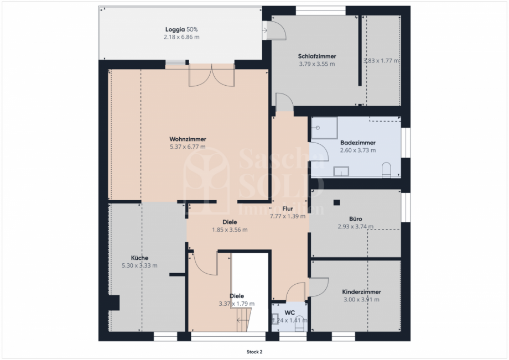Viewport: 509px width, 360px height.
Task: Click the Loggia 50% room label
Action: [181, 29]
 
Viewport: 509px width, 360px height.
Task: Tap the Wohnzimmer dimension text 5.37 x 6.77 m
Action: [188, 147]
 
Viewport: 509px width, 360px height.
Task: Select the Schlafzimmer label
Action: [317, 56]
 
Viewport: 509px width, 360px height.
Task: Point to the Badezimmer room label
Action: [357, 143]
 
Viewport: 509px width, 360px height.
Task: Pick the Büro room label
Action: [355, 218]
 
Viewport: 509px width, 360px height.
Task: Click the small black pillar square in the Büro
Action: [336, 202]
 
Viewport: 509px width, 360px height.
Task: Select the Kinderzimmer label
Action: [361, 292]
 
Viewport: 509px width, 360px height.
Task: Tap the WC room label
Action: [289, 312]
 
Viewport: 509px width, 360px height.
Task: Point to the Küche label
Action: [139, 258]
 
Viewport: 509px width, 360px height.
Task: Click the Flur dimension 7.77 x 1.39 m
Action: [287, 216]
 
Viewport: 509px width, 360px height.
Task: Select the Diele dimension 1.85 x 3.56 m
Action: [230, 229]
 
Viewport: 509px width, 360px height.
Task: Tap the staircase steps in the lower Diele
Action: [243, 320]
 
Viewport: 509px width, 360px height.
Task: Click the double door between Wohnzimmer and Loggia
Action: [212, 76]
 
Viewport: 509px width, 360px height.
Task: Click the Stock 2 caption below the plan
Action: [254, 351]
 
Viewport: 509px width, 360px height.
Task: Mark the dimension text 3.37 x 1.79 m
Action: [236, 304]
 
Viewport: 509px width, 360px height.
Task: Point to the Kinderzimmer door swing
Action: [318, 285]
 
